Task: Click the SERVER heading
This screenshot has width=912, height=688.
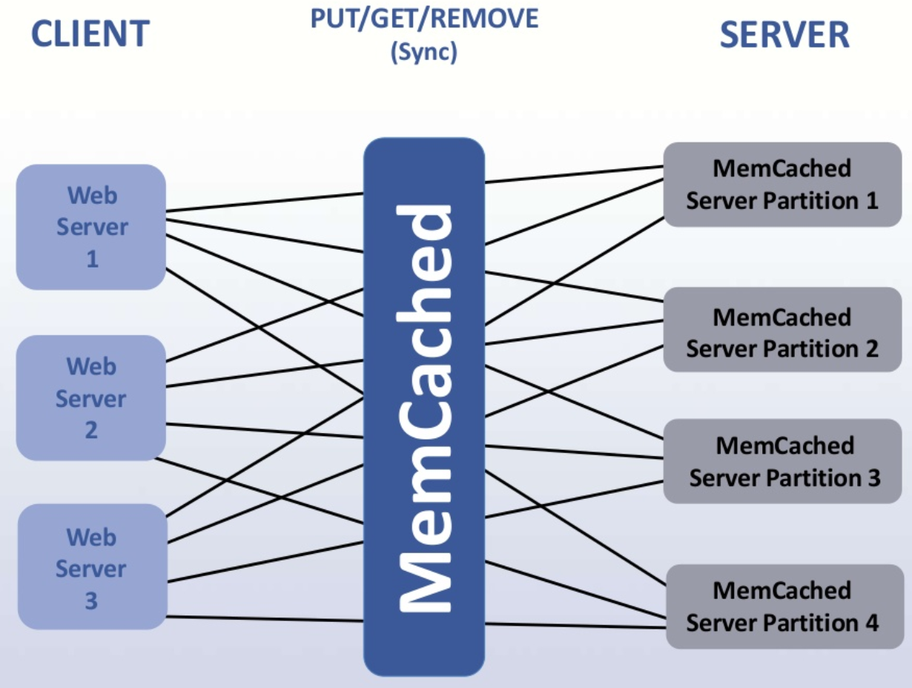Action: pos(784,35)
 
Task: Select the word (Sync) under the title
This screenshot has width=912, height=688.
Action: pos(424,53)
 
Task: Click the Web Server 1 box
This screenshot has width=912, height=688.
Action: pos(90,227)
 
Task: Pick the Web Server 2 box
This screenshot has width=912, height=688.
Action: pos(90,397)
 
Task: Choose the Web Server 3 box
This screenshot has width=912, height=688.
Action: pos(90,567)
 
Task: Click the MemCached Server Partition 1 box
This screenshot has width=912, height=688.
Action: pos(782,185)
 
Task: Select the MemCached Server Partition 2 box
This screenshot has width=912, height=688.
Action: pos(782,333)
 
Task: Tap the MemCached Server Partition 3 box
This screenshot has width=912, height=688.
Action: pos(784,461)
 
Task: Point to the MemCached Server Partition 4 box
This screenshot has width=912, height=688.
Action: pos(784,606)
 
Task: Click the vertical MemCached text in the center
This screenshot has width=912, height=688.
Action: pos(425,408)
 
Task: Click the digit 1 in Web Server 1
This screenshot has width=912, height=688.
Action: pos(92,259)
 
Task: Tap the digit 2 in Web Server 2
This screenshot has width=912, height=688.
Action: pos(91,430)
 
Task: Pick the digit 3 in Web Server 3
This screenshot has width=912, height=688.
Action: pos(90,601)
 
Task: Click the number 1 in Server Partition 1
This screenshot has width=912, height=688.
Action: pos(870,201)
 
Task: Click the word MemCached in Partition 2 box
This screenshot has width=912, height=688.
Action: pos(782,317)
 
